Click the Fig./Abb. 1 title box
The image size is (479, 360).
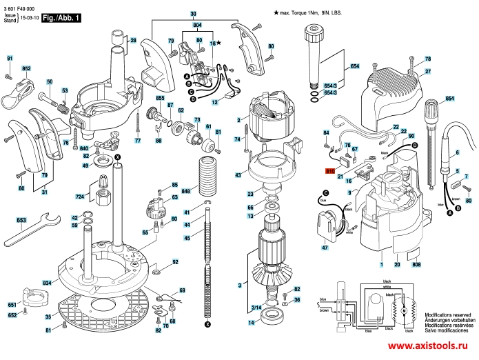click(61, 16)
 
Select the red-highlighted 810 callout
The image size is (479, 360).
click(329, 171)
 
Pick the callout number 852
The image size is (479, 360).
click(27, 70)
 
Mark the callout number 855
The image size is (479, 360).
click(160, 99)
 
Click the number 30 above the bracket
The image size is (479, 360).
click(192, 13)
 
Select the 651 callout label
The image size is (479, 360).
click(12, 304)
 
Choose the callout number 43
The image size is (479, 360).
click(238, 176)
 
